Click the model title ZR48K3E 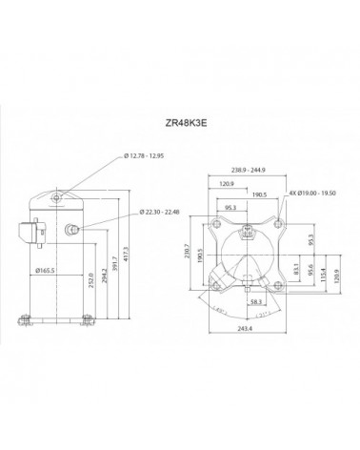(180, 122)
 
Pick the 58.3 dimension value (256, 302)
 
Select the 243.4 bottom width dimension (248, 329)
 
